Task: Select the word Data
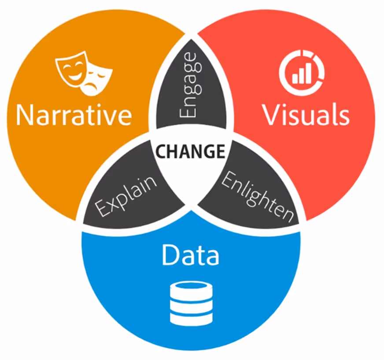pyautogui.click(x=190, y=255)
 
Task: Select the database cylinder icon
pyautogui.click(x=190, y=304)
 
